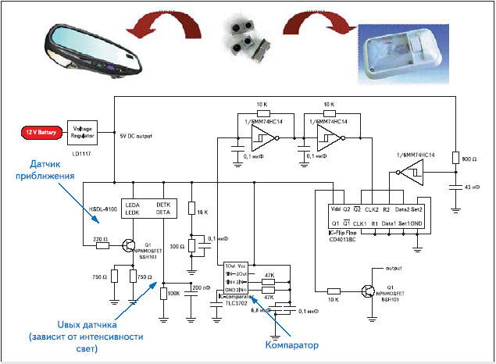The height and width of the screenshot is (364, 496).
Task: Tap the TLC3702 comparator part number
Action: (237, 304)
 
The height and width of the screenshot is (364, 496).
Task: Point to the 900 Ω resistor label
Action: (470, 159)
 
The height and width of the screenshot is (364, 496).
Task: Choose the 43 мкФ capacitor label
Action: (472, 187)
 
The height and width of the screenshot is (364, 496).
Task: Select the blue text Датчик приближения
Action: (52, 181)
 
